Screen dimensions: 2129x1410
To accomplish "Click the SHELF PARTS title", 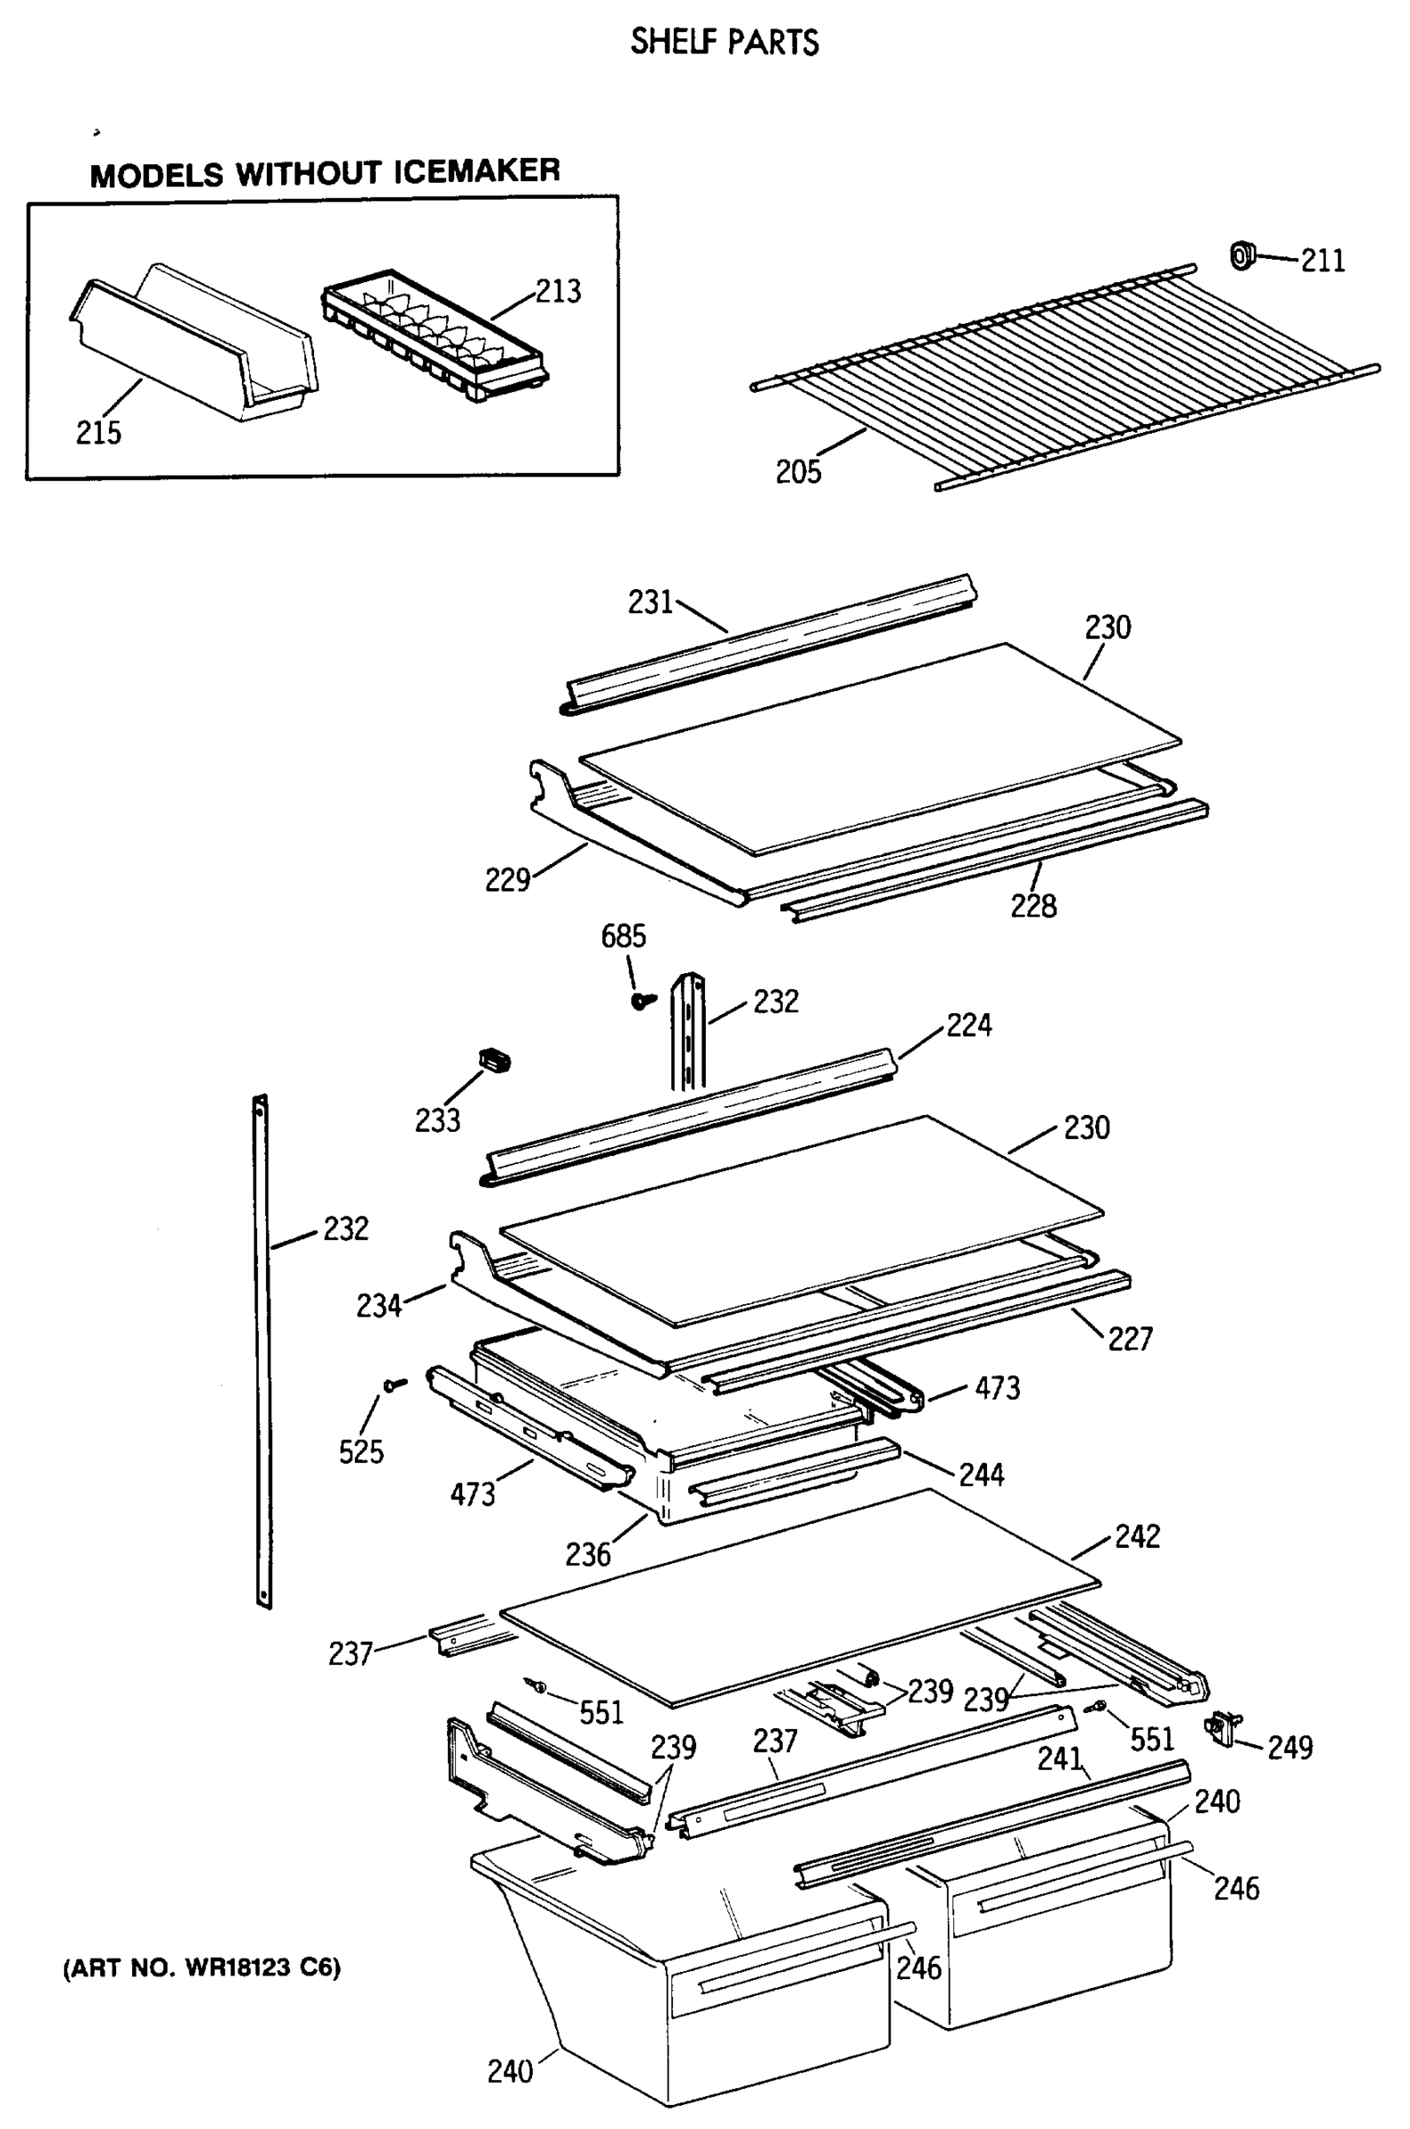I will pyautogui.click(x=724, y=43).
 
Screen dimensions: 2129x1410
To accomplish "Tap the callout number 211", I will pyautogui.click(x=1323, y=261).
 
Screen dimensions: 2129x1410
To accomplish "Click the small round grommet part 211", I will pyautogui.click(x=1242, y=255).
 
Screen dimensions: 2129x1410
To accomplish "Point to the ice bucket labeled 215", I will pyautogui.click(x=193, y=346).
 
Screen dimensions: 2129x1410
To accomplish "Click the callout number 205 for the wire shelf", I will pyautogui.click(x=798, y=472).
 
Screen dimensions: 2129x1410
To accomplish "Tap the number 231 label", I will pyautogui.click(x=650, y=602).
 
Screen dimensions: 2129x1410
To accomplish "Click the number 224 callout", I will pyautogui.click(x=968, y=1025).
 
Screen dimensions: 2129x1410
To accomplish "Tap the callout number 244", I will pyautogui.click(x=981, y=1475).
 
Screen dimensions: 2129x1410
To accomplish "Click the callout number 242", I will pyautogui.click(x=1138, y=1536).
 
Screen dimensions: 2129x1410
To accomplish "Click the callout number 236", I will pyautogui.click(x=588, y=1554).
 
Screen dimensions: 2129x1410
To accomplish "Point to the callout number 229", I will pyautogui.click(x=507, y=880).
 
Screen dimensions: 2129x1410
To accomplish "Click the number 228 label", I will pyautogui.click(x=1033, y=906).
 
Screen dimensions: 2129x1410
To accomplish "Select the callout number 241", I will pyautogui.click(x=1061, y=1758).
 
